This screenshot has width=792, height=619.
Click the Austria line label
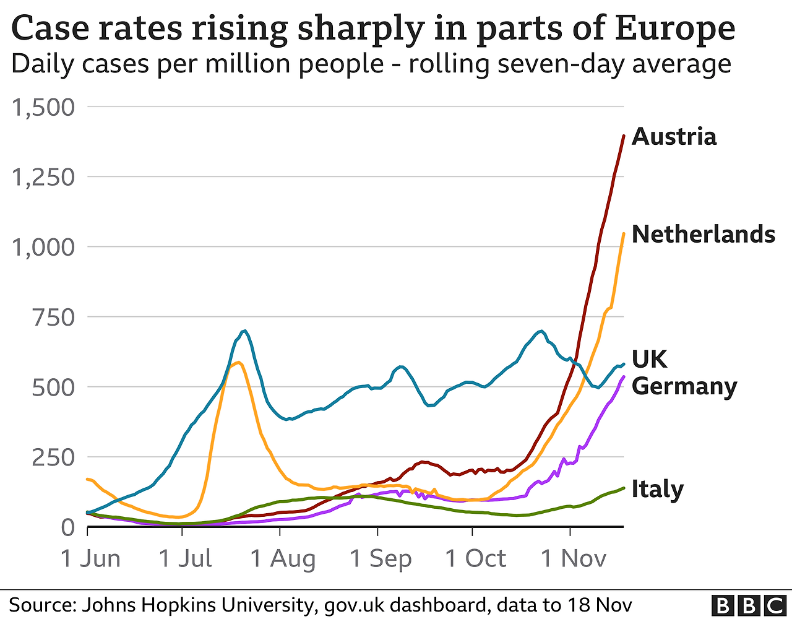pos(674,137)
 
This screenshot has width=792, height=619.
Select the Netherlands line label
pos(703,235)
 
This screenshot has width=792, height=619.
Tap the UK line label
pos(649,360)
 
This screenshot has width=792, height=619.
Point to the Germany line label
pos(684,386)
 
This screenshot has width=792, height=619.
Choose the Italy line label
pos(657,489)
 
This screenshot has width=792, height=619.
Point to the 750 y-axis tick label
pos(53,318)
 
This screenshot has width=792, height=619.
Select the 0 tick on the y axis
pos(67,527)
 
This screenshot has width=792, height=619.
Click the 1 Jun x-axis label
pos(90,559)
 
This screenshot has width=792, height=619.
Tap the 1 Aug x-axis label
pos(283,559)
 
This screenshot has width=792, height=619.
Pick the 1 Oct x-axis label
pos(476,559)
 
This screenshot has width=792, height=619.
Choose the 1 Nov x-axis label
pos(574,559)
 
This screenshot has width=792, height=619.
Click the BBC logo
pos(747,605)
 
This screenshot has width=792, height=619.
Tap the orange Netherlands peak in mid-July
pos(238,362)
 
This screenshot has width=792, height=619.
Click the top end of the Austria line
pos(623,136)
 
